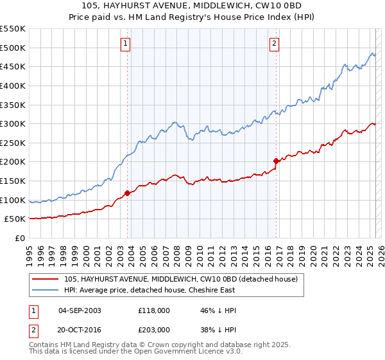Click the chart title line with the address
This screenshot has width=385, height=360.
[193, 6]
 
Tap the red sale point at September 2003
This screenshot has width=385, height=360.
[127, 193]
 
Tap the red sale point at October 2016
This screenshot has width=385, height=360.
[276, 161]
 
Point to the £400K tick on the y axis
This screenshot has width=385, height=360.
[13, 85]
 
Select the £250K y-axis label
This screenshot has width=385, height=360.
[13, 143]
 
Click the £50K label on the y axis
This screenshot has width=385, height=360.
[16, 219]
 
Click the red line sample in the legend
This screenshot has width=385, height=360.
[46, 280]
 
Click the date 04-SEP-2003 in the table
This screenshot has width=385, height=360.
[80, 310]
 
